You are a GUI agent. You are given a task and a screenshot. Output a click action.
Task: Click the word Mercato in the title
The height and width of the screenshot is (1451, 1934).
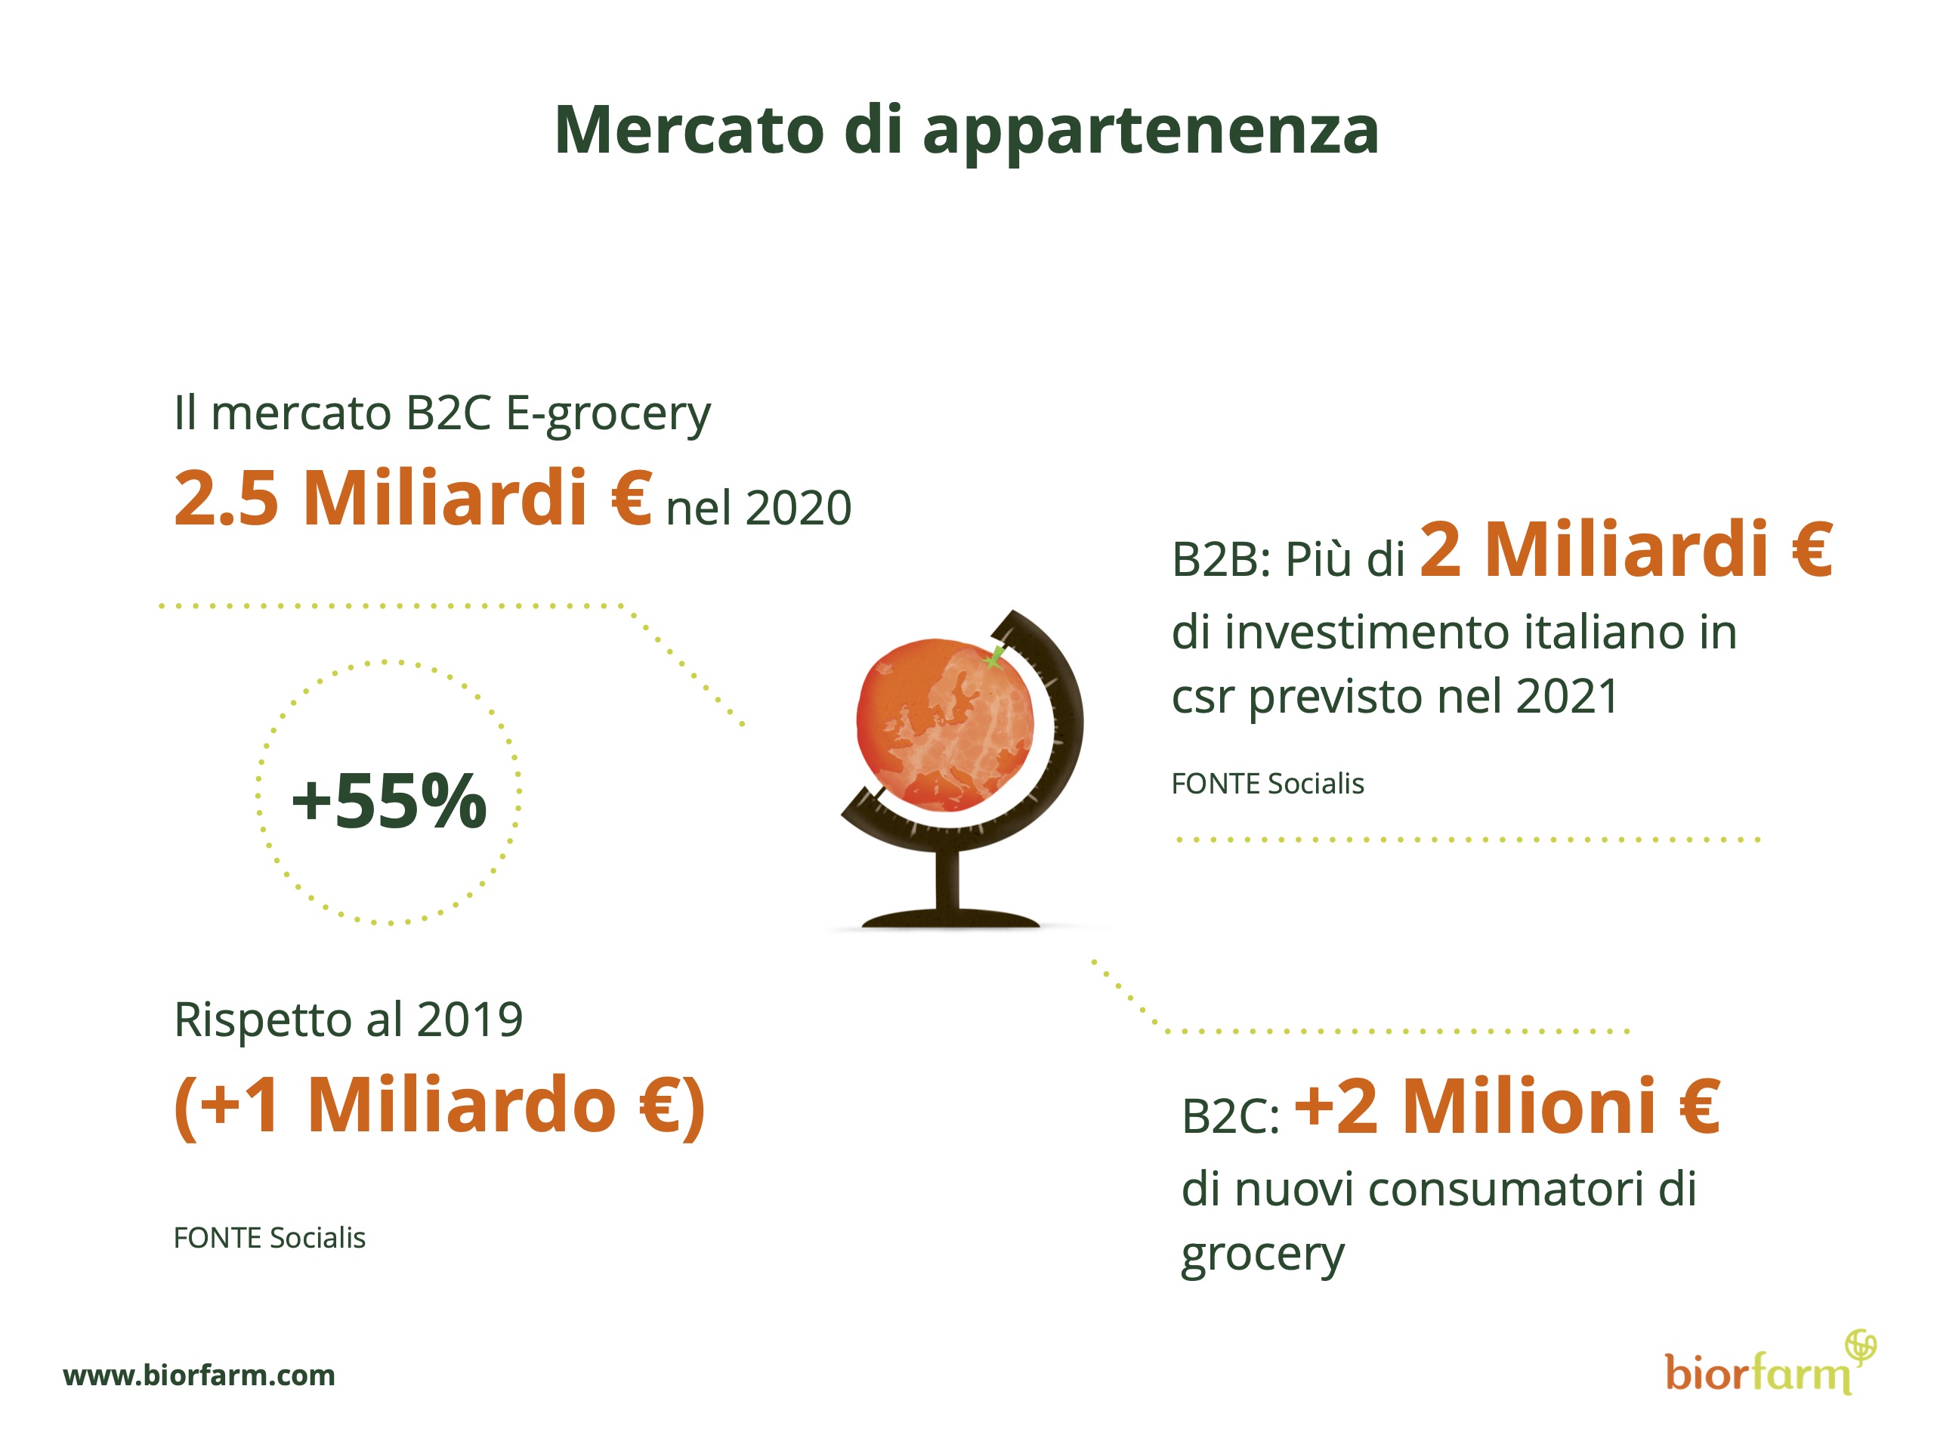(x=690, y=130)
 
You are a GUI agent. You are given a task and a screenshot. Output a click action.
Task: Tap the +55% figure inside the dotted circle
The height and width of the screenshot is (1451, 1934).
(x=389, y=800)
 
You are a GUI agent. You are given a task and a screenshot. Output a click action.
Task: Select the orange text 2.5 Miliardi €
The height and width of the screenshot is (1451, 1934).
(x=412, y=498)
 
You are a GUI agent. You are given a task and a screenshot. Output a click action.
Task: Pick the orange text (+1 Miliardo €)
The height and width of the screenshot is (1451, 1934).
(x=440, y=1106)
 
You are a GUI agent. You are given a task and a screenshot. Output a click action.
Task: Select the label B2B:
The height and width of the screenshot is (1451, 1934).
(x=1221, y=560)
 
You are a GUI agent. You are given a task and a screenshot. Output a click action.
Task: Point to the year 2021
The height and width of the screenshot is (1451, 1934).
(x=1567, y=697)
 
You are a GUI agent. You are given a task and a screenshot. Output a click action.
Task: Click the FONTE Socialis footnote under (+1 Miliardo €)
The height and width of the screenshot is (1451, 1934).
(x=269, y=1238)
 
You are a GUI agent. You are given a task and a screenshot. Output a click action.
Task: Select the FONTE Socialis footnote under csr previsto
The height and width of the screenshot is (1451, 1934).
(x=1268, y=784)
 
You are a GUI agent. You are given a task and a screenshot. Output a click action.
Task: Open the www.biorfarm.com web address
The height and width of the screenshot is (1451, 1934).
(x=199, y=1375)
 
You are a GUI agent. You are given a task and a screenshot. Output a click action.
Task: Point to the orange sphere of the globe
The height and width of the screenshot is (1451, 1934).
(x=945, y=724)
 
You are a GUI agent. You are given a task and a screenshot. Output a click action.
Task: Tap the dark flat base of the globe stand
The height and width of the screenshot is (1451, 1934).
(x=950, y=918)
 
